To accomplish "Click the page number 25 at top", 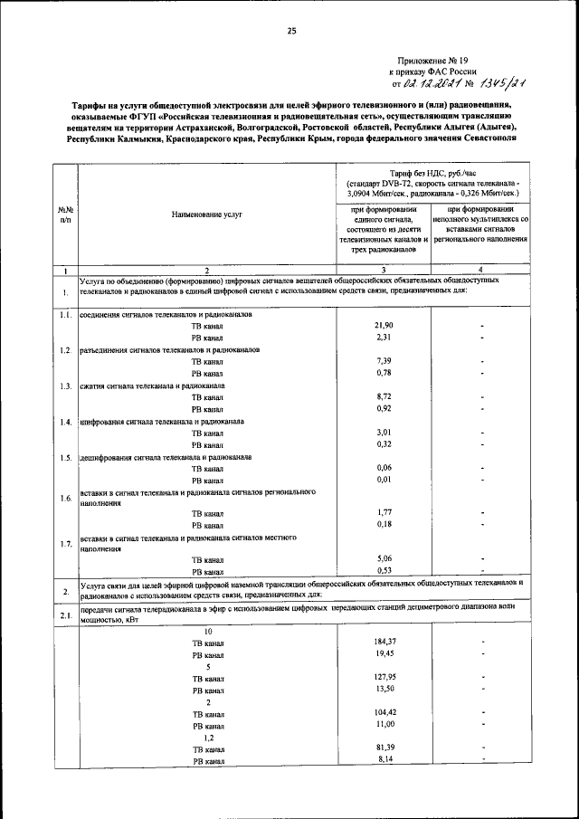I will tap(291, 31).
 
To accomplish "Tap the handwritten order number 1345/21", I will tap(493, 84).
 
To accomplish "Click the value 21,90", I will tap(384, 325).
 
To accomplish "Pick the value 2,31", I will tap(384, 337).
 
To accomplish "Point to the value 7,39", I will tap(384, 361).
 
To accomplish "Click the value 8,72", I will tap(384, 396).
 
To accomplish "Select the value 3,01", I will tap(384, 433).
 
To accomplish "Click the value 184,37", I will tap(384, 642).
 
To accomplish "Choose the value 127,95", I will tap(384, 677).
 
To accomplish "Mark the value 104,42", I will tap(384, 713).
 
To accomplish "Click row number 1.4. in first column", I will tap(65, 422).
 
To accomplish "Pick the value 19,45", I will tap(384, 653).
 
